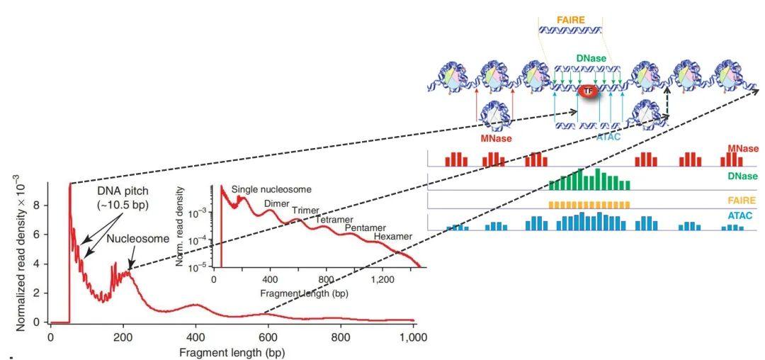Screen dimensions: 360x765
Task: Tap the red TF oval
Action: click(587, 91)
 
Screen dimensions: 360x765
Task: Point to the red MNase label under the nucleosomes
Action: click(496, 138)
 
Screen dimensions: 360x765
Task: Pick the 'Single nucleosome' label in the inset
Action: click(271, 190)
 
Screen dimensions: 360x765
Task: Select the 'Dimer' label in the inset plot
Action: click(277, 205)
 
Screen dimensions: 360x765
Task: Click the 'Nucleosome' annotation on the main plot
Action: click(138, 239)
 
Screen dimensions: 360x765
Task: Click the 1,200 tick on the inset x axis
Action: click(382, 280)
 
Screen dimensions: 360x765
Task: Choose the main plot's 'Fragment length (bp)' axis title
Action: click(232, 351)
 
